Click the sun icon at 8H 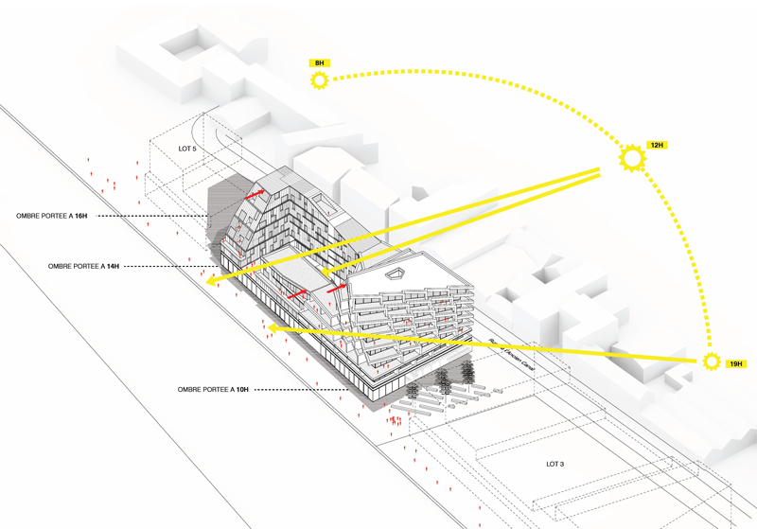pos(319,80)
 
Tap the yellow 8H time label pos(319,62)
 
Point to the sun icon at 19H pos(712,361)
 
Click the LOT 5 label pos(187,150)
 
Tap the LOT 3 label pos(555,464)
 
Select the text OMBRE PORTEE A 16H pos(52,217)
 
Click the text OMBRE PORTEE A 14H pos(84,267)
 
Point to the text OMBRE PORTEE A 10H pos(213,389)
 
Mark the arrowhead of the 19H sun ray pos(270,327)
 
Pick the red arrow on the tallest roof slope pos(255,194)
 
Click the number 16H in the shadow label pos(81,217)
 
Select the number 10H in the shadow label pos(242,389)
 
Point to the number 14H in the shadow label pos(114,267)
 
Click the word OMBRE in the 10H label pos(190,389)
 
